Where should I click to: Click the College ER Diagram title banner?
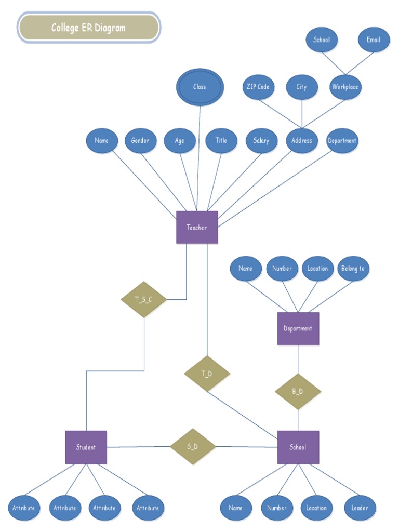coord(89,28)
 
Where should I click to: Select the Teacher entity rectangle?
coord(197,228)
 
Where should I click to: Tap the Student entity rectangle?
coord(86,447)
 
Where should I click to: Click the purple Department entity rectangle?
coord(298,328)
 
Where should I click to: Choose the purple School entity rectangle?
coord(298,447)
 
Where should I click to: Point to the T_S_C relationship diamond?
coord(143,299)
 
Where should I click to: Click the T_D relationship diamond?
coord(207,374)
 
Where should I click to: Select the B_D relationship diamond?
coord(298,391)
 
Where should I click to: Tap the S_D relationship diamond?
coord(193,446)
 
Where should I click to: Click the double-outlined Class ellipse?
coord(199,87)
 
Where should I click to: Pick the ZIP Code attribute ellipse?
coord(258,87)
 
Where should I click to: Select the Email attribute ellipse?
coord(374,40)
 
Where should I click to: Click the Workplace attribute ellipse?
coord(345,87)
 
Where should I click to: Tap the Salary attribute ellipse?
coord(261,141)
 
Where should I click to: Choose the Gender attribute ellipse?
coord(140,141)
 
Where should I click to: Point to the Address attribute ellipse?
coord(302,141)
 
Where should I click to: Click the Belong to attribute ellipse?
coord(353,269)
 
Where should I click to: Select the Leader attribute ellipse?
coord(360,508)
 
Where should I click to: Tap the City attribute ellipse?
coord(302,87)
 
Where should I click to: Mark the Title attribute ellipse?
coord(221,141)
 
